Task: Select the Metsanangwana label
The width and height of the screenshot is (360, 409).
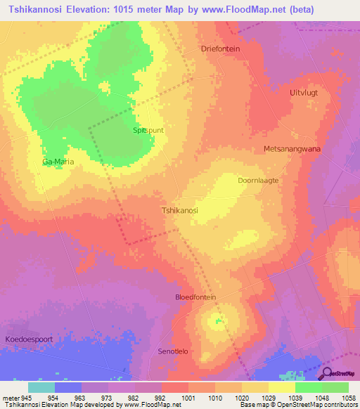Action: (x=292, y=149)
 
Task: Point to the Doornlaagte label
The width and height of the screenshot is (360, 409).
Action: (x=258, y=180)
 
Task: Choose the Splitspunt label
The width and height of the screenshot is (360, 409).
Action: (x=148, y=131)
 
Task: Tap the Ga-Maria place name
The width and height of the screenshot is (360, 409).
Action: (x=58, y=162)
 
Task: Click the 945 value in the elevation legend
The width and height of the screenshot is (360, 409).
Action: (x=26, y=397)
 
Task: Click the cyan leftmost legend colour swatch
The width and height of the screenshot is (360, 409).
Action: (x=41, y=387)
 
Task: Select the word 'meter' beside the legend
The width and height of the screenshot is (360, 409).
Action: (x=11, y=397)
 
